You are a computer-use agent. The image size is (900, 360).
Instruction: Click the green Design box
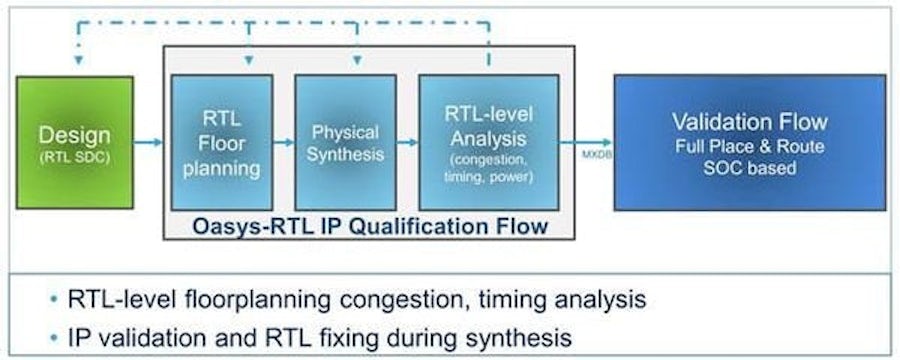tap(74, 142)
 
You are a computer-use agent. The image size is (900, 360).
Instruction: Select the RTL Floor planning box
tap(222, 142)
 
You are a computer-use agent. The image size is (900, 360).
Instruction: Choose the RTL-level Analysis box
tap(488, 142)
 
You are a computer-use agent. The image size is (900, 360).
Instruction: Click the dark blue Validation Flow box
tap(749, 142)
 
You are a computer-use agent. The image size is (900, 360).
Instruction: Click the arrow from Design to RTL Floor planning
tap(149, 143)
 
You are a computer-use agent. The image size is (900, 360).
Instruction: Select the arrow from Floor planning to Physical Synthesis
tap(283, 143)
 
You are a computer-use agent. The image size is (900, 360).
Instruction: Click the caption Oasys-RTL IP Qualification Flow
tap(370, 226)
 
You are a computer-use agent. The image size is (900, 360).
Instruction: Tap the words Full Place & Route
tap(749, 147)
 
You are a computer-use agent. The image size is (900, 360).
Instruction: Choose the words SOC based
tap(749, 167)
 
